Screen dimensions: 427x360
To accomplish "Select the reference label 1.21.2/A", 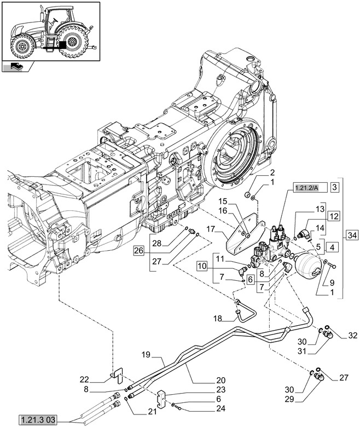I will coord(308,188).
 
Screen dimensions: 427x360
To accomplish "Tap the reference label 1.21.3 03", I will coord(39,420).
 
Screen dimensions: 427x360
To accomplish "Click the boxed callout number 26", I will coord(138,251).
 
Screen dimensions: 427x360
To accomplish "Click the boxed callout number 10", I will coord(202,266).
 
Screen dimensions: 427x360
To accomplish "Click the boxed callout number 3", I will coord(335,187).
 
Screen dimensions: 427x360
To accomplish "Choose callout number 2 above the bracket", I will coord(257,172).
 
